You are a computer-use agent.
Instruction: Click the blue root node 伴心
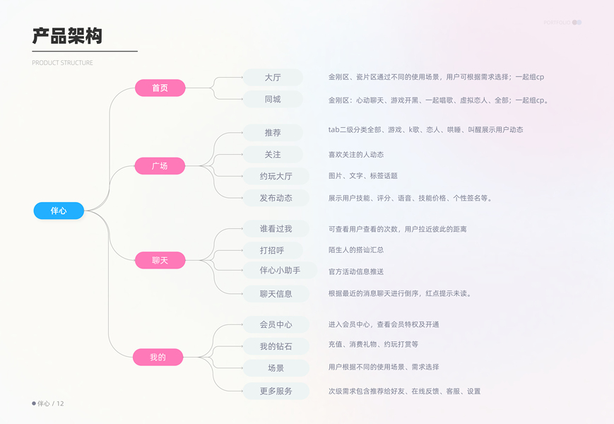tap(59, 211)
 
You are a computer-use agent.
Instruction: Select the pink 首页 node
tap(160, 88)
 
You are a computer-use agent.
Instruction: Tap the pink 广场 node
tap(160, 166)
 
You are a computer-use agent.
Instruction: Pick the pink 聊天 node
tap(160, 261)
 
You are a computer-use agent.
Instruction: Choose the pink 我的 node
tap(158, 358)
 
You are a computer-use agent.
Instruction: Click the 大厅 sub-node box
tap(273, 78)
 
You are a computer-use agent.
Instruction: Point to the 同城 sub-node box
tap(273, 100)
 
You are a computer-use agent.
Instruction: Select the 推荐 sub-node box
tap(273, 133)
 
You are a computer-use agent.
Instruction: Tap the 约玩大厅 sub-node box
tap(276, 176)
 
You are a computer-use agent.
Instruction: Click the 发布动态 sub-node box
tap(276, 198)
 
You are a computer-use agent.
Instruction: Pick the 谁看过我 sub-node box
tap(276, 228)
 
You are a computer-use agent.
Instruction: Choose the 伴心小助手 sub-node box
tap(280, 271)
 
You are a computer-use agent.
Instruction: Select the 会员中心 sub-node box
tap(276, 324)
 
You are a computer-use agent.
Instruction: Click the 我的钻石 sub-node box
tap(276, 346)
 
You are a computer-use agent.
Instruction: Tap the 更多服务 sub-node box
tap(276, 391)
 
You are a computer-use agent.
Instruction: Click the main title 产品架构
tap(67, 36)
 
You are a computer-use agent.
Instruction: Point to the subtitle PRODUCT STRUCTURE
tap(62, 63)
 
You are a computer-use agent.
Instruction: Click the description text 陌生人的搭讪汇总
tap(356, 250)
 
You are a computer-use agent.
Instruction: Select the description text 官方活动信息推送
tap(356, 271)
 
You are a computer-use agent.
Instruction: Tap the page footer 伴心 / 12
tap(49, 404)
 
